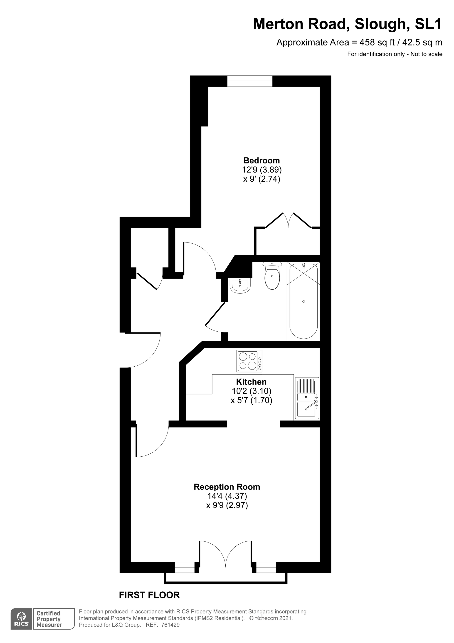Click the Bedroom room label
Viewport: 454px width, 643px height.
tap(262, 160)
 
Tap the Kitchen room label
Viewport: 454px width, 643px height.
tap(251, 382)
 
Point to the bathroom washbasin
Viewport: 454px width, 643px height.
tap(240, 286)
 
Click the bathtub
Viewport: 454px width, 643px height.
tap(303, 301)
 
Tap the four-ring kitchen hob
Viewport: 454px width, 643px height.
tap(249, 361)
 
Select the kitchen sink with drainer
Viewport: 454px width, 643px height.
tap(307, 399)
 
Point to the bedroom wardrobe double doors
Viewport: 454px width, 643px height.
tap(288, 221)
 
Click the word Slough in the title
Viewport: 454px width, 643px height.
tap(380, 24)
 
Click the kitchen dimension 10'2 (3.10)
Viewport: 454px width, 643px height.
tap(252, 391)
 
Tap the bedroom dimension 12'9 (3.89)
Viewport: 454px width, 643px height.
tap(262, 170)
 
